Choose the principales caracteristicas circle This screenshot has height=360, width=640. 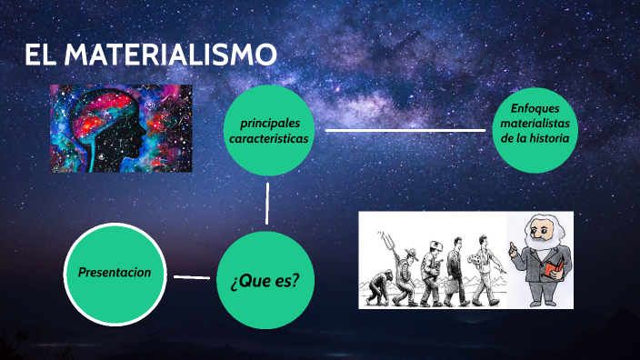[x=269, y=131]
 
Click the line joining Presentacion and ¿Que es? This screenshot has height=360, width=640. [x=191, y=276]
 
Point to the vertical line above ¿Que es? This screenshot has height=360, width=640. [x=267, y=203]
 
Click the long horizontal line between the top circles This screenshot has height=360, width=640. [x=405, y=130]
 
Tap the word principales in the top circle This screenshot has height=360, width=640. [x=269, y=123]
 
